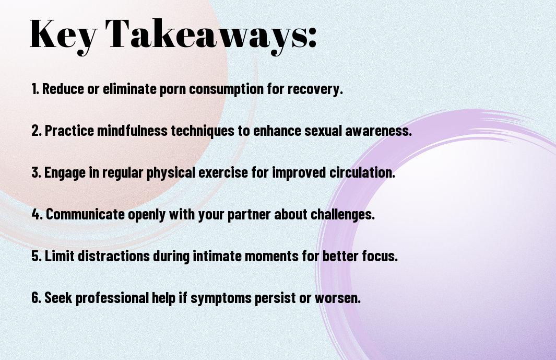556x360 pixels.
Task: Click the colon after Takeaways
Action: coord(312,37)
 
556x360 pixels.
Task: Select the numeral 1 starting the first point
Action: coord(34,89)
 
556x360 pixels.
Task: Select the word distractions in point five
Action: coord(113,256)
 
